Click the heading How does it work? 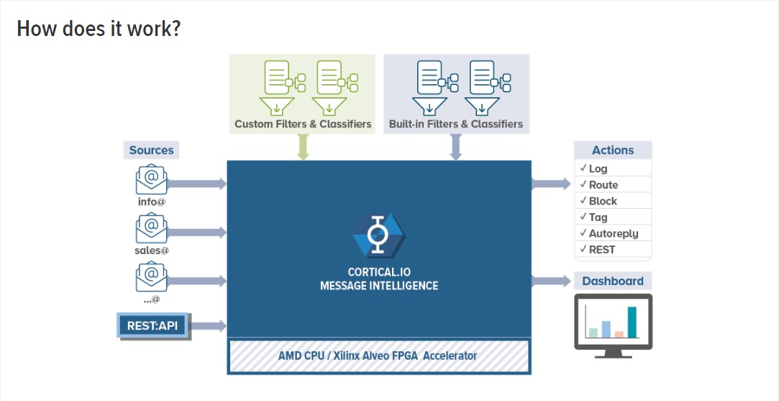click(x=99, y=29)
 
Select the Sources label click(x=151, y=150)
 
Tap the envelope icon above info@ click(x=151, y=179)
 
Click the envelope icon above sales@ click(x=151, y=229)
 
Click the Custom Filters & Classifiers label click(x=303, y=124)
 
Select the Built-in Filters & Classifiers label click(x=456, y=124)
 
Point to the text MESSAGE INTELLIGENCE click(x=378, y=286)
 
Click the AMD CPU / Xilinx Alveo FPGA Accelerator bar click(x=378, y=356)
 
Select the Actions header click(x=613, y=150)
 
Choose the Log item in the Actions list click(x=598, y=168)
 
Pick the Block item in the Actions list click(x=603, y=201)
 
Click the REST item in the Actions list click(x=601, y=250)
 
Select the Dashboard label click(x=613, y=281)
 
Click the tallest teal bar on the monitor click(x=632, y=322)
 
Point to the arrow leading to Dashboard click(x=550, y=281)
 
